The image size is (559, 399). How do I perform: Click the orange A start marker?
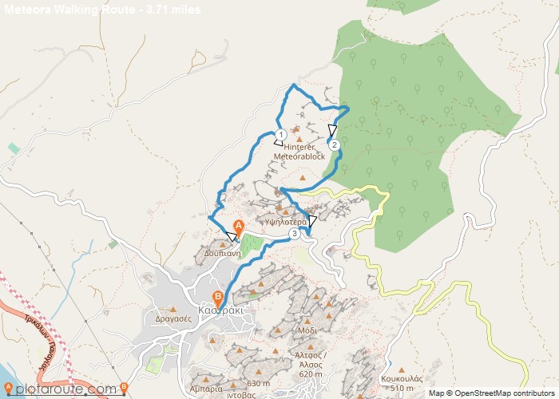coord(237,227)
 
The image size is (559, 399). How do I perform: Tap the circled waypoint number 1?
coord(280,134)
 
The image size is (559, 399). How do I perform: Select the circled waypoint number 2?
coord(334,144)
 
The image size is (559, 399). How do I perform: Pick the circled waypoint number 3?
coord(295,233)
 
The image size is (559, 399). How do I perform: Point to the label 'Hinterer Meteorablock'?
coord(299,152)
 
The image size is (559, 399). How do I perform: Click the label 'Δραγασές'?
coord(176,318)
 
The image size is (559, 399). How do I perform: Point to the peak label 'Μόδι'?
coord(307,330)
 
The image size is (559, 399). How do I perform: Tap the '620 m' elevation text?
coord(310,373)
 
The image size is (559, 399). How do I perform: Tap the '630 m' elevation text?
coord(258,384)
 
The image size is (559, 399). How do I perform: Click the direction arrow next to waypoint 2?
coord(332,131)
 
